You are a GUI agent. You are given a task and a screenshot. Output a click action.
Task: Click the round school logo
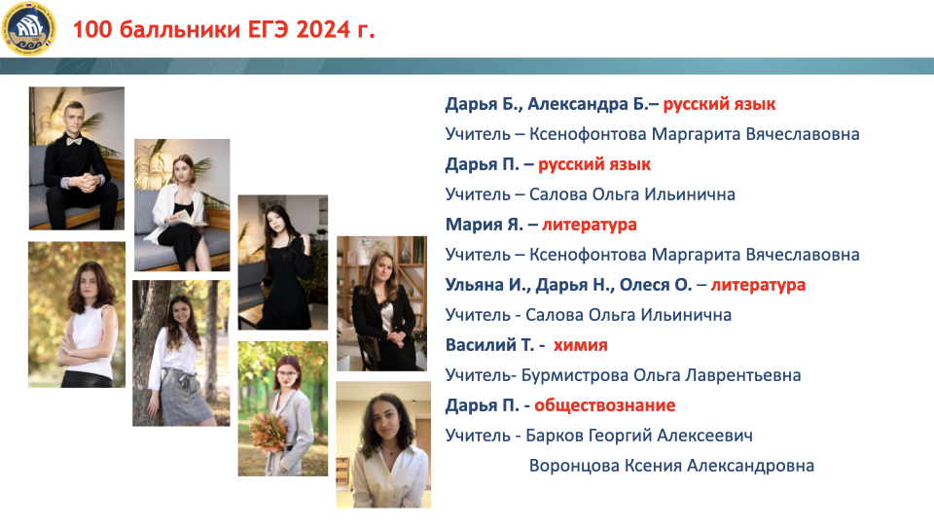tap(30, 27)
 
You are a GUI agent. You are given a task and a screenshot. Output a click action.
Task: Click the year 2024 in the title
tap(323, 29)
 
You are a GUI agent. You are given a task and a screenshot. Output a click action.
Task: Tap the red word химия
tap(580, 345)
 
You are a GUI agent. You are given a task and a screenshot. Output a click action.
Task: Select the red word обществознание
tap(604, 405)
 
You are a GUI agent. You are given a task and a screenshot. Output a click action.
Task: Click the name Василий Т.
tap(489, 345)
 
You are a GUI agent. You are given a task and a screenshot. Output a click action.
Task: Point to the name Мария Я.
tap(485, 225)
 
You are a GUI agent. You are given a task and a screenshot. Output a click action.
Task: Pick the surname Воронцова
tap(574, 466)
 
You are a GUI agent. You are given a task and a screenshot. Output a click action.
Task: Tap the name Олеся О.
tap(656, 285)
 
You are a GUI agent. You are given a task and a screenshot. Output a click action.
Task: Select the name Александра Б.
tap(588, 104)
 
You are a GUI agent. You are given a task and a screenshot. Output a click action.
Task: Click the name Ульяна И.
tap(487, 285)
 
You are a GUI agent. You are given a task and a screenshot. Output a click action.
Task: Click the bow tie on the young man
tap(74, 141)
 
